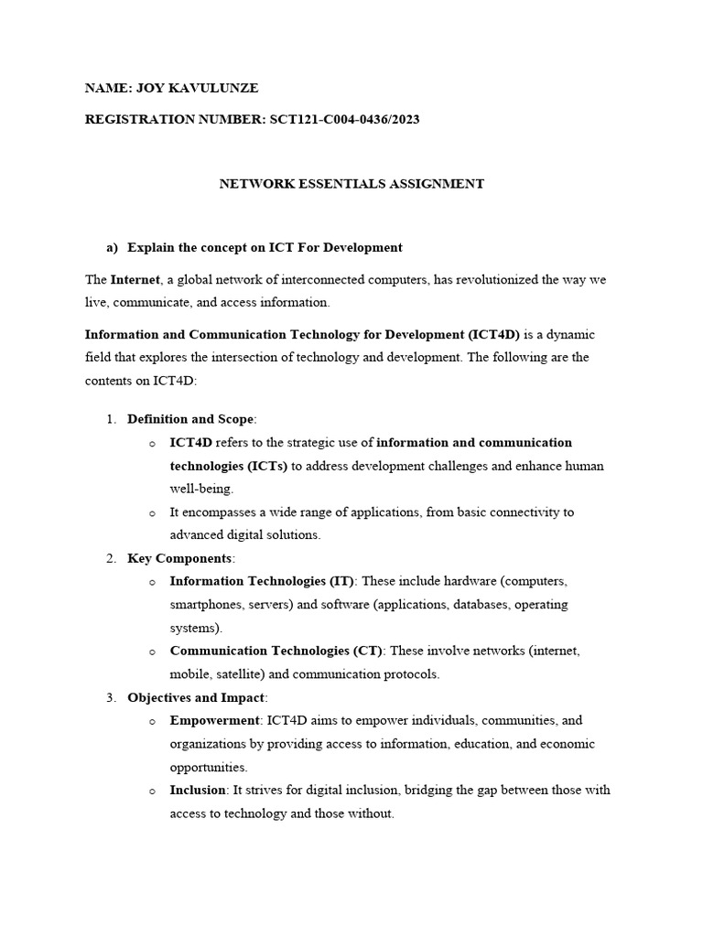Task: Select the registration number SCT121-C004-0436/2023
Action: click(x=344, y=119)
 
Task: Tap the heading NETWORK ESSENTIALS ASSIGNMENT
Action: click(x=351, y=183)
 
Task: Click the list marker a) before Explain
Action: click(x=113, y=247)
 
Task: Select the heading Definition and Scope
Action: click(x=190, y=419)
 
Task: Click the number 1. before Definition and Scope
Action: click(x=111, y=419)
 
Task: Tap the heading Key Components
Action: click(x=180, y=558)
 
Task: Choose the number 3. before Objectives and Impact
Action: click(x=111, y=698)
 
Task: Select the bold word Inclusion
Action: click(x=198, y=790)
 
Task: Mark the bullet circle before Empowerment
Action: click(x=152, y=721)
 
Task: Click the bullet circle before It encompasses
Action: click(x=152, y=512)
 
